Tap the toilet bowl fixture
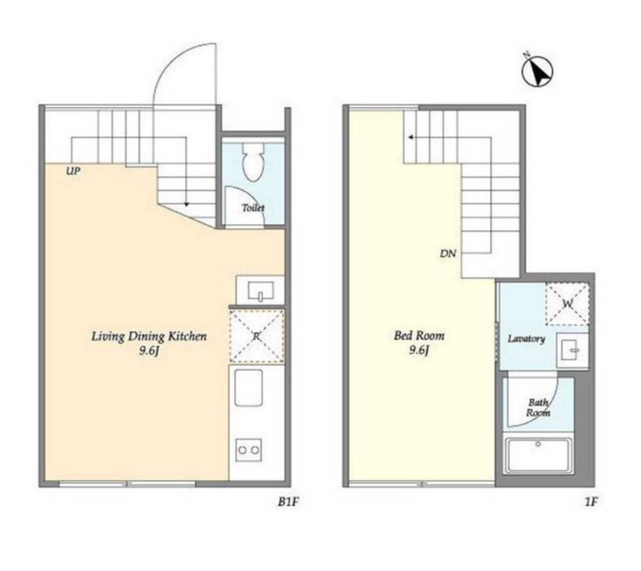coord(253,162)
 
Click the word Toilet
coord(253,207)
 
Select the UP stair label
coord(73,171)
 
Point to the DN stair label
coord(448,253)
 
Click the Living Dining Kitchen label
coord(149,337)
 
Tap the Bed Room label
coord(419,336)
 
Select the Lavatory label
coord(526,339)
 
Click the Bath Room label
coord(538,408)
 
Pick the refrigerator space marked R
coord(257,337)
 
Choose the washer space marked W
coord(567,303)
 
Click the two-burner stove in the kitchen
coord(249,450)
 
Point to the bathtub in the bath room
coord(538,456)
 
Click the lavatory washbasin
coord(571,351)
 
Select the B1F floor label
coord(288,501)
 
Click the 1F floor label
coord(591,501)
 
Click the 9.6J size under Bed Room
coord(419,350)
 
